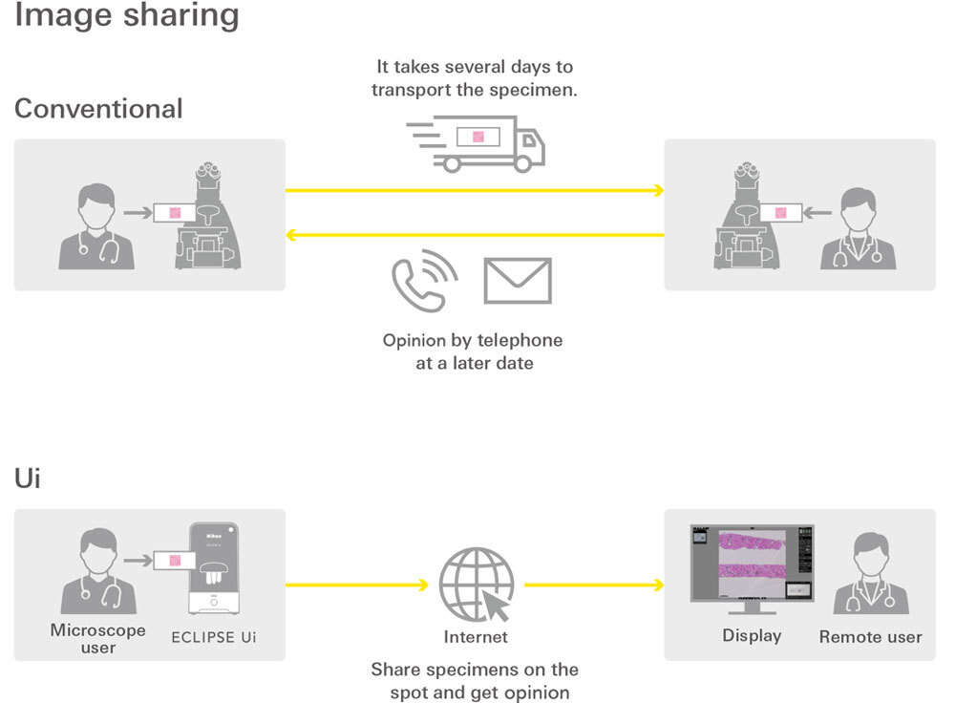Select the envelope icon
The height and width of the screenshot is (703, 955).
click(x=518, y=281)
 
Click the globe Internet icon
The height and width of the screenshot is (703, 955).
click(x=477, y=585)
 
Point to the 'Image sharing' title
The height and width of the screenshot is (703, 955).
click(x=127, y=15)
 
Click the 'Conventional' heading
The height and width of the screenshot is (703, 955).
click(x=98, y=109)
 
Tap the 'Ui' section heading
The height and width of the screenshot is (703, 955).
click(x=28, y=479)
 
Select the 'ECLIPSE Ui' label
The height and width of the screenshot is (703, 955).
click(x=214, y=637)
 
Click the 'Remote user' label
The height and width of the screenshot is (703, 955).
click(x=870, y=636)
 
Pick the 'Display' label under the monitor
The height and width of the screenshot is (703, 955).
click(x=752, y=636)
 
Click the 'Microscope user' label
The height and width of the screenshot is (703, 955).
click(x=98, y=638)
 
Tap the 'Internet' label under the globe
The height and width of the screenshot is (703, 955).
click(x=476, y=637)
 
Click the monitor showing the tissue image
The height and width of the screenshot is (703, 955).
click(x=753, y=568)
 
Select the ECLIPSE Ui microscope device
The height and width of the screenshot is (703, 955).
click(x=214, y=567)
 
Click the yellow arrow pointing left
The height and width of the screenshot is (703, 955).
click(x=475, y=235)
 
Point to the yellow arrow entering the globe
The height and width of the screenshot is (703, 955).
click(x=357, y=585)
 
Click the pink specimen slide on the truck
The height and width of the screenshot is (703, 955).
click(x=478, y=137)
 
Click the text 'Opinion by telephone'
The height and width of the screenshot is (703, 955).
click(x=473, y=340)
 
